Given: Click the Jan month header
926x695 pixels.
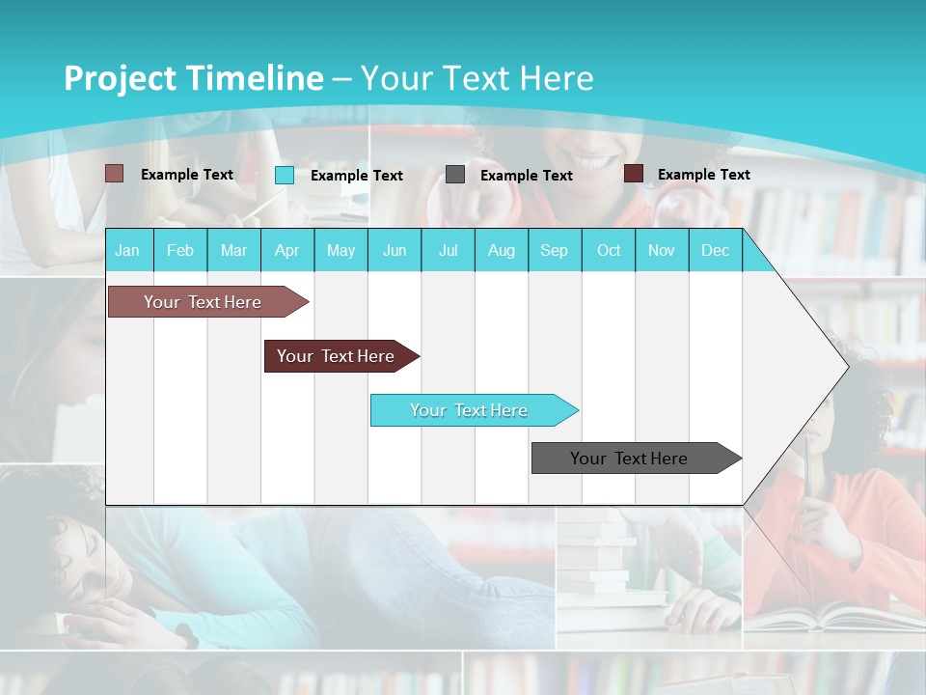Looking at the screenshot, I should click(127, 250).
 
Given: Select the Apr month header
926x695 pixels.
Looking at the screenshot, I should click(286, 250).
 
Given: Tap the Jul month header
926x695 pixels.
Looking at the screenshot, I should click(448, 250).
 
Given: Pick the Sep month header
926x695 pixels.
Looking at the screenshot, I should click(554, 250).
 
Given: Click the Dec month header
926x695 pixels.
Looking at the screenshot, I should click(715, 250).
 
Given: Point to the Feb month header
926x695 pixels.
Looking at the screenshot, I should click(180, 250).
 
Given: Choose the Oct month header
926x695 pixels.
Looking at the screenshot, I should click(609, 250).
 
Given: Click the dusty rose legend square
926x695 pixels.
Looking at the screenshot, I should click(114, 174).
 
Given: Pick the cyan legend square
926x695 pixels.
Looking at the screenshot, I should click(285, 175).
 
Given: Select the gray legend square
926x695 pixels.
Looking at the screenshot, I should click(455, 175).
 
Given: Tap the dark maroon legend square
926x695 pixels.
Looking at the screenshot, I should click(634, 174).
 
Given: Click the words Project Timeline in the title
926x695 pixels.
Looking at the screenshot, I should click(193, 78).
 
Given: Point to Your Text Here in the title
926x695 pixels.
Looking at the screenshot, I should click(477, 78).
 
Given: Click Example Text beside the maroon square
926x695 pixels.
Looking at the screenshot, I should click(703, 174).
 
